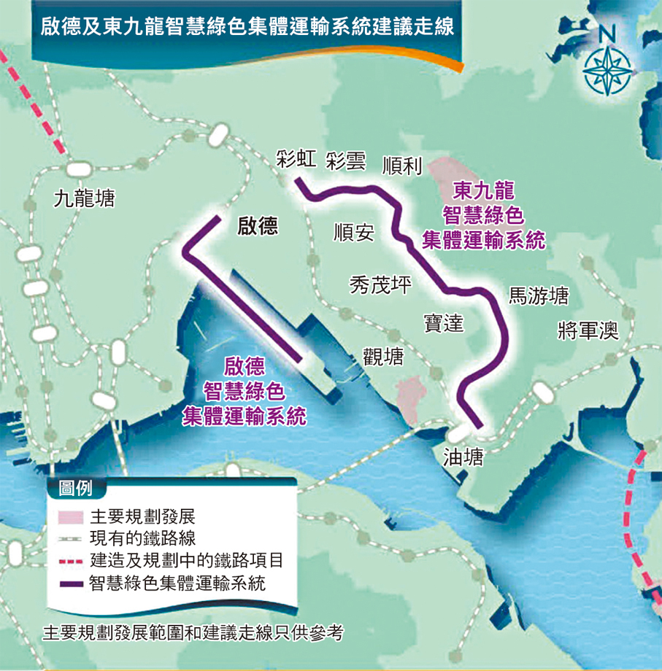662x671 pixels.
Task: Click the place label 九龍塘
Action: click(x=85, y=198)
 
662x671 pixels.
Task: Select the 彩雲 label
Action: click(x=346, y=161)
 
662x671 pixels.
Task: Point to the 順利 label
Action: click(x=402, y=166)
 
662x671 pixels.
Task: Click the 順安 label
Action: click(x=353, y=233)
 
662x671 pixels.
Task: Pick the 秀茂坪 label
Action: click(x=380, y=284)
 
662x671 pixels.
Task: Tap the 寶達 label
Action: click(x=444, y=322)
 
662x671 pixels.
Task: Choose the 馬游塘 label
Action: click(x=539, y=295)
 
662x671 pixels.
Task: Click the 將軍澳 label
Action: click(x=588, y=330)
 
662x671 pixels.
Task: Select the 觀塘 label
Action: click(x=383, y=356)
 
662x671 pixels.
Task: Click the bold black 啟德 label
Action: click(x=258, y=227)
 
